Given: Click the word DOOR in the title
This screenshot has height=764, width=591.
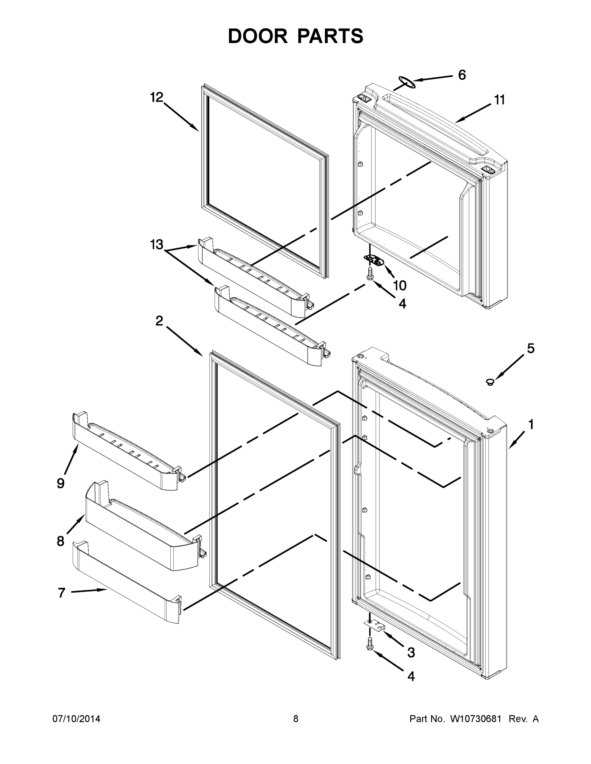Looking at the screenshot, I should point(258,36).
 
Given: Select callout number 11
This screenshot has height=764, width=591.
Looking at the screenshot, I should point(500,100).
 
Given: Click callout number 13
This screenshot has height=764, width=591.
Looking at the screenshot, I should point(156,244).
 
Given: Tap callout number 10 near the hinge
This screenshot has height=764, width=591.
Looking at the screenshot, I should point(400,286).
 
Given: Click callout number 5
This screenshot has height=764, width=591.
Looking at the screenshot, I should point(531,349).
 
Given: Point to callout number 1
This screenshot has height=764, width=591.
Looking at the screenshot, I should point(531,424).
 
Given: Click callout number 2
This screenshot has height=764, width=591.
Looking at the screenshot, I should point(159,321).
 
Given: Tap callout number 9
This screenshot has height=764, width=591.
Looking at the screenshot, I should point(61,484).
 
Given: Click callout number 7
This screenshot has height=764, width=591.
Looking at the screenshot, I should point(61,593).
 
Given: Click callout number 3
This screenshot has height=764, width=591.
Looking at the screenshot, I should point(411,652).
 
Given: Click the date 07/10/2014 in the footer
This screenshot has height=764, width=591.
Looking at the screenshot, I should point(76,719).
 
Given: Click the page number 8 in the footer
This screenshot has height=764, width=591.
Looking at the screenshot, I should point(296,719).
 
